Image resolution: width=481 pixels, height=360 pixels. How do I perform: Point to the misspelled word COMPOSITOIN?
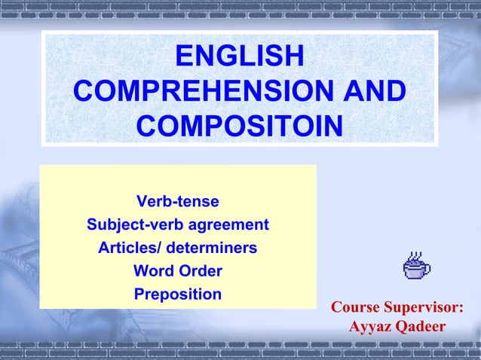pos(240,126)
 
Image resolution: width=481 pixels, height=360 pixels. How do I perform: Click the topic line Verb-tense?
pos(178,202)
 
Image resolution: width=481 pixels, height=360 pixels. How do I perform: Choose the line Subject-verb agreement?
pos(178,225)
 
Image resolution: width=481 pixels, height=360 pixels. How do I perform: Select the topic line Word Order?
pos(178,271)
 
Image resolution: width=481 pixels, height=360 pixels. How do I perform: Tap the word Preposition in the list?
pos(178,294)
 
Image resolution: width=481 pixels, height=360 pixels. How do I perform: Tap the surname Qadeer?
pos(420,328)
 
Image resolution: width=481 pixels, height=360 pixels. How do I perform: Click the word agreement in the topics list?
pos(232,225)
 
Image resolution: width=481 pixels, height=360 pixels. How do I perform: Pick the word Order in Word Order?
pos(198,271)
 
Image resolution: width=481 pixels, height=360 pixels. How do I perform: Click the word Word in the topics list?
pos(152,271)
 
